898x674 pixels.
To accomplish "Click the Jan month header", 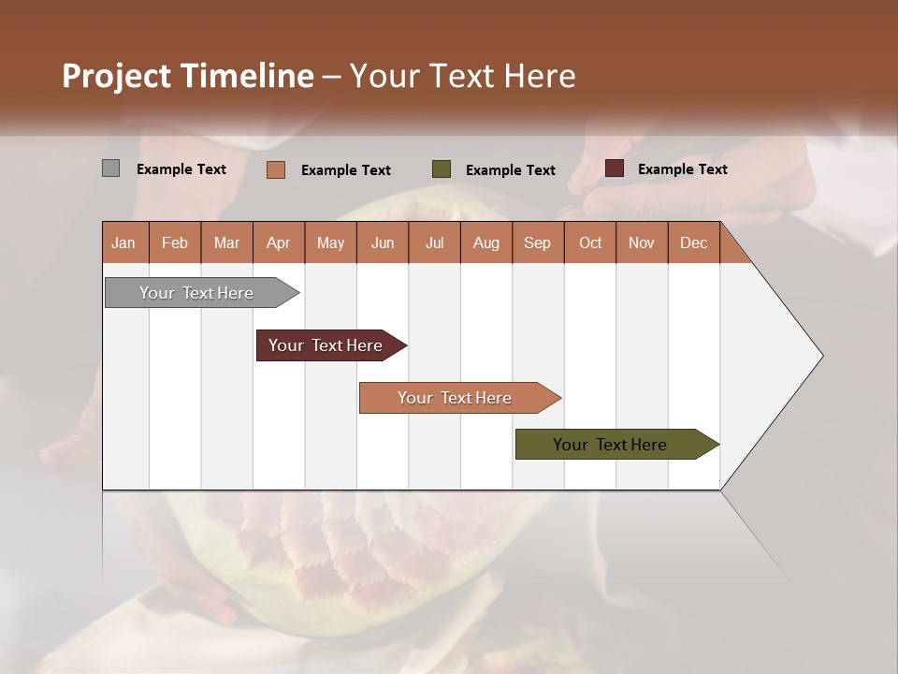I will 123,242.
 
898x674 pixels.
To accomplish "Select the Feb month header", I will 175,242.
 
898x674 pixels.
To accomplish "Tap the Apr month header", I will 278,242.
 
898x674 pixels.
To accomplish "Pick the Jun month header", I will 383,242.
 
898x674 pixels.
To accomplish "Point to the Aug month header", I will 485,242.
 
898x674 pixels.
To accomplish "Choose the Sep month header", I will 537,242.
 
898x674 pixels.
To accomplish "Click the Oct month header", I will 590,242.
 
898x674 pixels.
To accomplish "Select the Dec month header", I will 693,242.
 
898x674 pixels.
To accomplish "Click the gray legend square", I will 110,168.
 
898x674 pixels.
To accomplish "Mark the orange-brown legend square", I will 275,169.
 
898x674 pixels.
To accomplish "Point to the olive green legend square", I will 442,169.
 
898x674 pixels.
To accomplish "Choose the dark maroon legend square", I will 614,168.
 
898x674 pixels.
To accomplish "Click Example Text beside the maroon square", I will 682,169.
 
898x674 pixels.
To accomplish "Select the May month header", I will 330,242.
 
